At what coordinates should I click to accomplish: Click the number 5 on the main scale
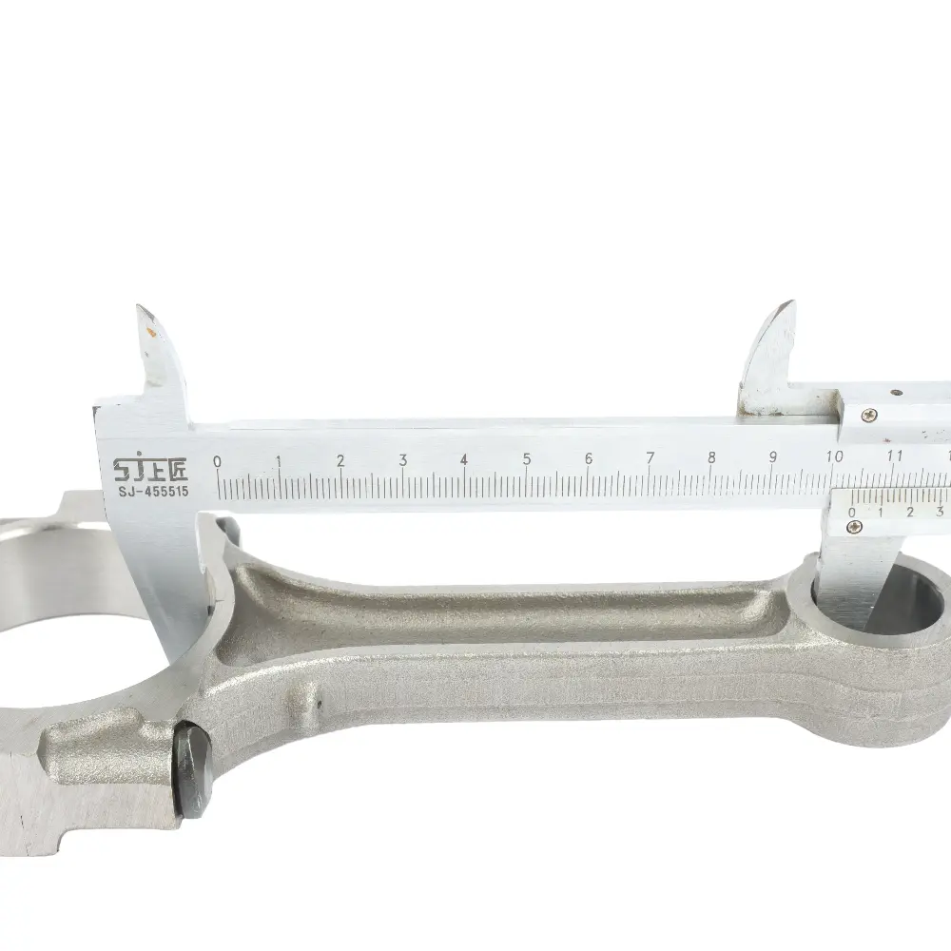(527, 459)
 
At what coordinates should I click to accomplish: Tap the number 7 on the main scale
(650, 458)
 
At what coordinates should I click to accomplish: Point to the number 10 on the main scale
(835, 456)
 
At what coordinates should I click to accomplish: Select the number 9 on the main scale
(772, 456)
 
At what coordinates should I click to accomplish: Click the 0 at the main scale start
(217, 461)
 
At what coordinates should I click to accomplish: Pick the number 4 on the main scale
(464, 459)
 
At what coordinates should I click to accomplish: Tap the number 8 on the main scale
(711, 457)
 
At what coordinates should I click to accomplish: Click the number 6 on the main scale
(589, 458)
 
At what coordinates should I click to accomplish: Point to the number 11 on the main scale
(895, 456)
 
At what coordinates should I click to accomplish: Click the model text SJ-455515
(153, 491)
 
